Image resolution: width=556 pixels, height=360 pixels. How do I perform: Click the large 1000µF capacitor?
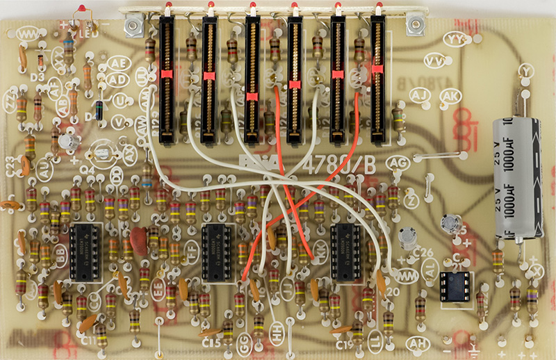[516, 177]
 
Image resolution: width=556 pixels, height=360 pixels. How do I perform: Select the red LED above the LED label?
[83, 10]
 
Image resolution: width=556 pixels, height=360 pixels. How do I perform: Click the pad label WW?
[29, 33]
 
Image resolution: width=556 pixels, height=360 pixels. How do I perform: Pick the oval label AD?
[117, 79]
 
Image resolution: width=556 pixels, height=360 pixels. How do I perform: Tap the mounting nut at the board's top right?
[416, 26]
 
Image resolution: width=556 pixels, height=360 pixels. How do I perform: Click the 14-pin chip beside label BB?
[88, 252]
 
